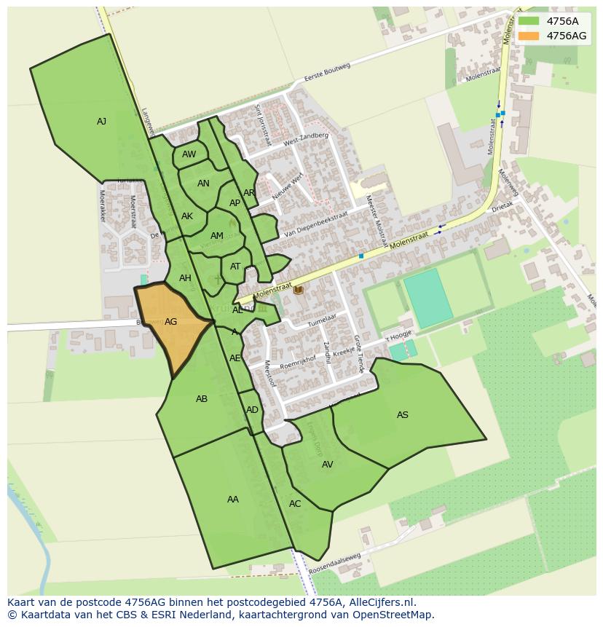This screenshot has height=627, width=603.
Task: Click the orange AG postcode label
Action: pyautogui.click(x=171, y=321)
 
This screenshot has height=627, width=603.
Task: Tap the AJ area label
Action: pyautogui.click(x=101, y=122)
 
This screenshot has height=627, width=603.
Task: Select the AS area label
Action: pyautogui.click(x=402, y=415)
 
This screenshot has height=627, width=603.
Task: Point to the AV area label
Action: pyautogui.click(x=327, y=464)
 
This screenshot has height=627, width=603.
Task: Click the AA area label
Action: pyautogui.click(x=232, y=499)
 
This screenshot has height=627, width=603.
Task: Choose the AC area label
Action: pyautogui.click(x=294, y=503)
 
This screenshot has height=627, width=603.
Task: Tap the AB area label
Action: pyautogui.click(x=202, y=398)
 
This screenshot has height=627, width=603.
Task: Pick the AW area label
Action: pyautogui.click(x=189, y=154)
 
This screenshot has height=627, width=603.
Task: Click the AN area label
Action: pyautogui.click(x=203, y=184)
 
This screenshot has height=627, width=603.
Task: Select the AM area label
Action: pyautogui.click(x=216, y=235)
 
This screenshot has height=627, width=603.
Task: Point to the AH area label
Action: pyautogui.click(x=185, y=277)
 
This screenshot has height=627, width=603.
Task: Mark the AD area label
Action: pyautogui.click(x=252, y=409)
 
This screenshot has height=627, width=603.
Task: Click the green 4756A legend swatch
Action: pyautogui.click(x=528, y=21)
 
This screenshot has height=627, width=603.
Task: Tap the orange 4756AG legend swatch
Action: pyautogui.click(x=528, y=36)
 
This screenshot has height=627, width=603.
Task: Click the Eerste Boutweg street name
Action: pyautogui.click(x=327, y=75)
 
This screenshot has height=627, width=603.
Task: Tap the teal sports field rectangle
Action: pyautogui.click(x=428, y=297)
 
